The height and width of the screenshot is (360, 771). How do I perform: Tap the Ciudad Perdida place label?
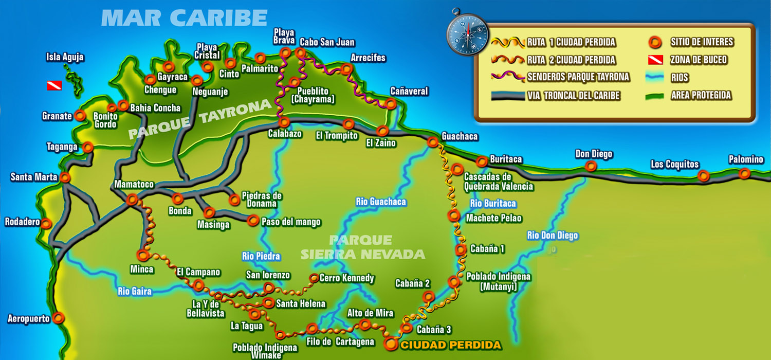pos(450,345)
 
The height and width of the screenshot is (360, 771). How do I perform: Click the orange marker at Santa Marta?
pos(65,178)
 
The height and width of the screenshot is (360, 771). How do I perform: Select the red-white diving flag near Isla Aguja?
pos(54,85)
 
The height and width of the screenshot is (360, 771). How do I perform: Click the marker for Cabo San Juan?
pos(300,53)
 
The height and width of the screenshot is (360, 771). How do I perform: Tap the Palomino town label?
pos(746,159)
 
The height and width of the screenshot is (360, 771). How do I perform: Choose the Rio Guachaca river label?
pos(381,202)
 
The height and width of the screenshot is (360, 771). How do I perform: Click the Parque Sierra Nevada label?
pos(363,247)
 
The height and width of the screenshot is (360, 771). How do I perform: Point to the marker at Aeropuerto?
pos(59,318)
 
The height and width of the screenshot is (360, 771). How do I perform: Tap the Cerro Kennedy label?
pos(347,278)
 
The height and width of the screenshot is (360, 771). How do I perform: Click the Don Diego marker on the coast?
pos(591,166)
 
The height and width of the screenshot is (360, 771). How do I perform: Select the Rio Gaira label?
pos(135,292)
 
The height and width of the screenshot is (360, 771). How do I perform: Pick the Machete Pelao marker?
pos(454,215)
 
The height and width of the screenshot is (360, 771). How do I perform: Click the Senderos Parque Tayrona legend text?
pos(578,77)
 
